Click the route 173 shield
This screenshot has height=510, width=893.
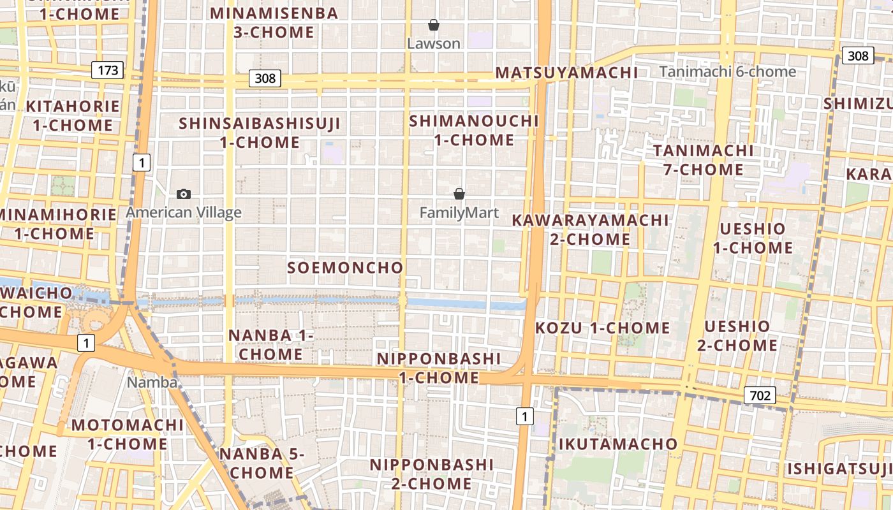108,70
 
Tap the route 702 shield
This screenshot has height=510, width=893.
760,396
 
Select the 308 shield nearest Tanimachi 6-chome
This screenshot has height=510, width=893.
857,56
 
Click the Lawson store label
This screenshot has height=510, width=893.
434,43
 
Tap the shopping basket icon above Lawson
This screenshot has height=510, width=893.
434,25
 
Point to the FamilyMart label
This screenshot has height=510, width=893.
459,212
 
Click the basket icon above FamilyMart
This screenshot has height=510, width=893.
459,194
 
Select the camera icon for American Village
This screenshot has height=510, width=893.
184,194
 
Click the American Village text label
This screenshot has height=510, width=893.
184,212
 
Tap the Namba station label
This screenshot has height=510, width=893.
152,382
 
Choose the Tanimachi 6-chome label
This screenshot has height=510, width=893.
728,71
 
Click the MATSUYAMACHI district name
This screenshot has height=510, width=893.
566,73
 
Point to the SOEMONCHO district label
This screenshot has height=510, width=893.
345,268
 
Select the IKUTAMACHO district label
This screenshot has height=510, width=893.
618,444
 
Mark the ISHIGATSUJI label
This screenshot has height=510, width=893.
839,469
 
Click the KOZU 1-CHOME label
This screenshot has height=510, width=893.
603,328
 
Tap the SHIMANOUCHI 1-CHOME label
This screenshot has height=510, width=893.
474,130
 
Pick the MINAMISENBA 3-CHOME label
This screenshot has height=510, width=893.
274,22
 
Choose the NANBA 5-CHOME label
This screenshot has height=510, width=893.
262,463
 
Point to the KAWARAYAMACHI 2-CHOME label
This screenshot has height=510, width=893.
590,229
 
